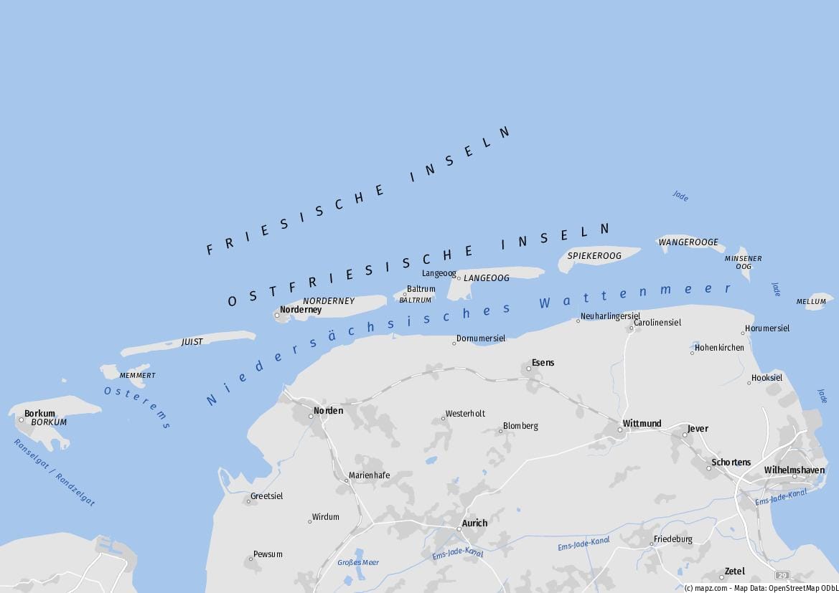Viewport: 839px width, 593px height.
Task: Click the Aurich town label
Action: point(474,523)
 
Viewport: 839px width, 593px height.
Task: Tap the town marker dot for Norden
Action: point(311,416)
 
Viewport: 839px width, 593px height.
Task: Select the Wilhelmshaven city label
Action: point(795,470)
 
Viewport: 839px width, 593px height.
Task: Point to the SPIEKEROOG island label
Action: point(594,256)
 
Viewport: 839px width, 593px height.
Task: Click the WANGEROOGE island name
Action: point(688,242)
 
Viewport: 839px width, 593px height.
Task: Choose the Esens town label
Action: point(543,363)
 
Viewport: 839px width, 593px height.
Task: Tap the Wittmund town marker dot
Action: point(620,430)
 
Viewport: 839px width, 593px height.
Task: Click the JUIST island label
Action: point(192,342)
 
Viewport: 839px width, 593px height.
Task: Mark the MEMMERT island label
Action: point(137,376)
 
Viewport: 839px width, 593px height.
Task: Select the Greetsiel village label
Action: point(266,496)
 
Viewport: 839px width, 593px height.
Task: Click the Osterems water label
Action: point(136,407)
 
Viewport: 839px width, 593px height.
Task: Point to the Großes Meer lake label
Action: point(358,563)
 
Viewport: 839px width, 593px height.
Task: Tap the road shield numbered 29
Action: point(782,575)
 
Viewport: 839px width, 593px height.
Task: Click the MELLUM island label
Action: point(811,302)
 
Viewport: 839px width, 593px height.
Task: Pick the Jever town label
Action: point(698,429)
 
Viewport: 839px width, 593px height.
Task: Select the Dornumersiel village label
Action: point(481,338)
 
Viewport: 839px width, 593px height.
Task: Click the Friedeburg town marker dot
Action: point(652,544)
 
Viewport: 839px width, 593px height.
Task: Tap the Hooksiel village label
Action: point(767,378)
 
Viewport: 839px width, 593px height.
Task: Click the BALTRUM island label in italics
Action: point(415,300)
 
